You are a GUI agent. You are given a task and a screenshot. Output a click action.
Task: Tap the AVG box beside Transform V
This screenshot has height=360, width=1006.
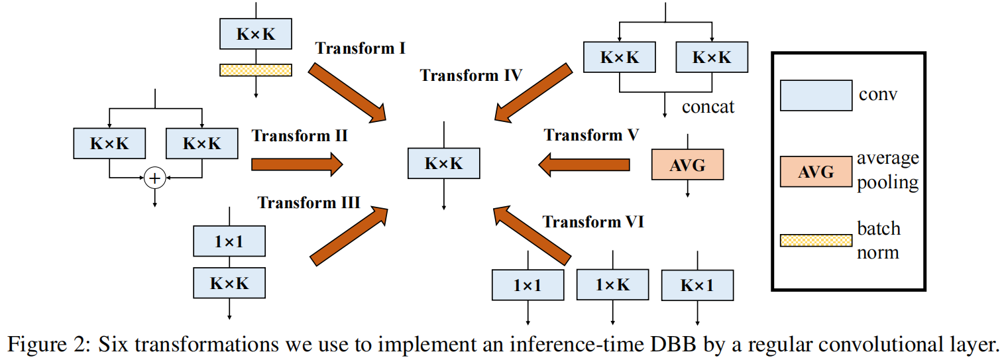687,165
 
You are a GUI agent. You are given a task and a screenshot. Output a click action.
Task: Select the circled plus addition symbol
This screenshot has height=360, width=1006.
154,178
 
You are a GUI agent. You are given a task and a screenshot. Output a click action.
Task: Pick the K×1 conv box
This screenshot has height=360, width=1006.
697,286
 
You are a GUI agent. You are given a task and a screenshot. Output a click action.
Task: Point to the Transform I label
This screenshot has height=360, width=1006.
361,48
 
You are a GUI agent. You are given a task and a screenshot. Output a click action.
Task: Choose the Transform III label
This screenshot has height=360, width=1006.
309,202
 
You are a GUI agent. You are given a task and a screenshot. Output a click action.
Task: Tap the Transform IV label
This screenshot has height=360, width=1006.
471,75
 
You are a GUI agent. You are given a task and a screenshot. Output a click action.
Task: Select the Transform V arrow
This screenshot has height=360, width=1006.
584,164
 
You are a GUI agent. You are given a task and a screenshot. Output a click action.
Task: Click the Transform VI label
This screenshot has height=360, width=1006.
593,222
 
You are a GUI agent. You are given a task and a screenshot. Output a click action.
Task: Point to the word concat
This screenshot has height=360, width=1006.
708,107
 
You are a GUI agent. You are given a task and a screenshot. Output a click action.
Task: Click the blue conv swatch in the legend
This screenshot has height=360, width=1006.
816,95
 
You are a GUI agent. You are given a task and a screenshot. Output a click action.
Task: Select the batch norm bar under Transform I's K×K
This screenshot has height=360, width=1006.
255,70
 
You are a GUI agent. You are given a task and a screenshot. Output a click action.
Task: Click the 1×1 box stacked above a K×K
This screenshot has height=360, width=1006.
229,242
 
